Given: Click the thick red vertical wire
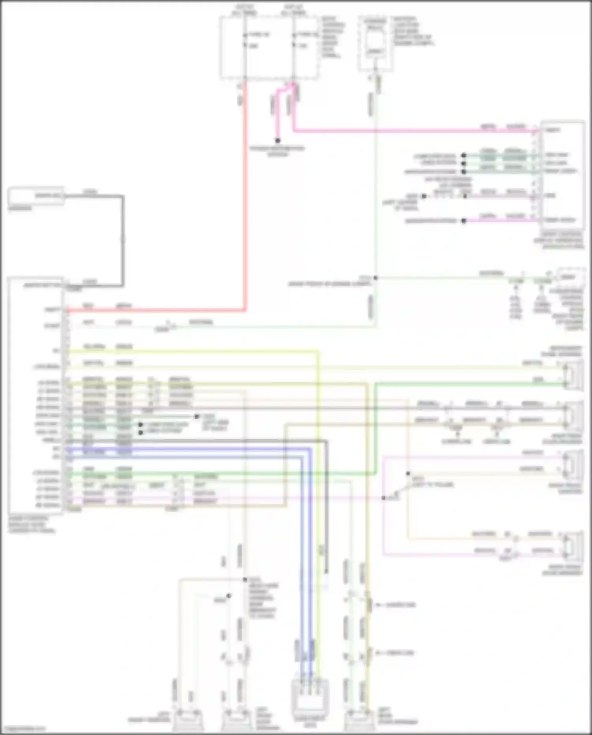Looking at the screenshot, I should pos(245,197).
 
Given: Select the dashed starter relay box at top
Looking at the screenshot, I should pos(375,43).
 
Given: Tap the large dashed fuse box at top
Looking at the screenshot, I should pos(269,47).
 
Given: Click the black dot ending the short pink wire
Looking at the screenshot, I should pos(278,141).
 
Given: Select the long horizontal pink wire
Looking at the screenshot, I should pos(414,130).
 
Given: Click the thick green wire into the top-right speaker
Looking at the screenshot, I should pos(466,383).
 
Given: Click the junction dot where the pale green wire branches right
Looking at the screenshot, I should pos(375,278).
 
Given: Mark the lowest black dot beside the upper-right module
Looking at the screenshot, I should pos(464,221).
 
